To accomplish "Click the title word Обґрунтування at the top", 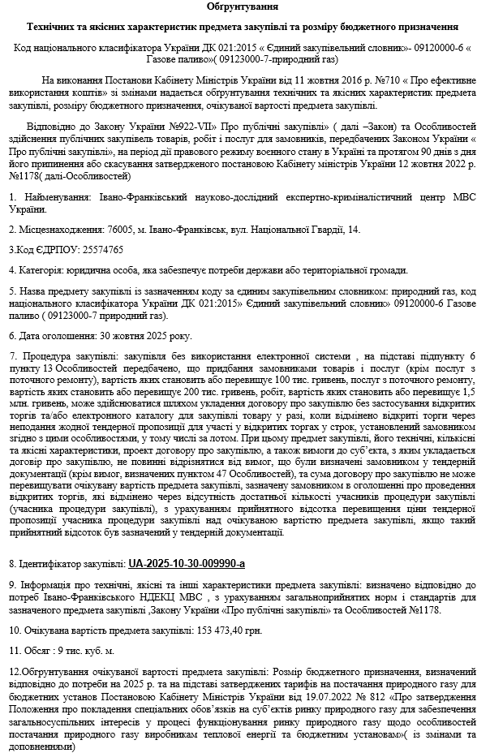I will coord(245,7).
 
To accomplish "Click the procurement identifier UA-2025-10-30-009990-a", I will coord(187,562).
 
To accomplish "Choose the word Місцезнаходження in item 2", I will coord(62,230).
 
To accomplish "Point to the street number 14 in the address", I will coord(354,230).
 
